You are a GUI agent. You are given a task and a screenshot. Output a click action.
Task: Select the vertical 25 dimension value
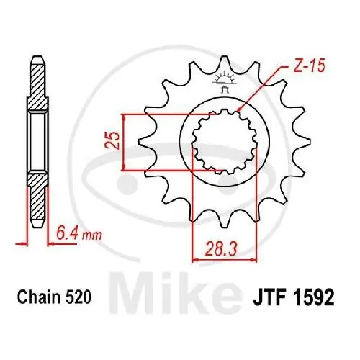pos(111,141)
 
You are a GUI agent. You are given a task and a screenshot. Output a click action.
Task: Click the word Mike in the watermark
pos(222,288)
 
